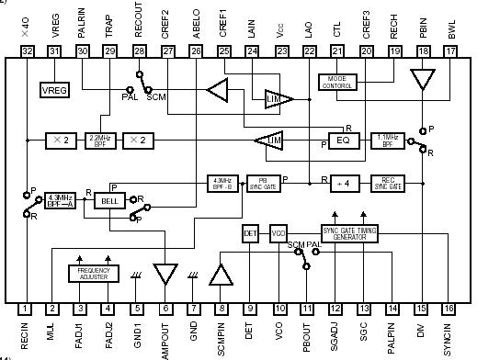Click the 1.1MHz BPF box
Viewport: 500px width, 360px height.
coord(387,141)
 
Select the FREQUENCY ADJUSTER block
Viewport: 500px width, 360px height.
coord(94,273)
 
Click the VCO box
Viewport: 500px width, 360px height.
coord(279,232)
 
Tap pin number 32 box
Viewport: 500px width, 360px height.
coord(26,51)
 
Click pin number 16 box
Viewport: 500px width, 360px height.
coord(448,309)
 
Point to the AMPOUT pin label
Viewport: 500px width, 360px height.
coord(166,338)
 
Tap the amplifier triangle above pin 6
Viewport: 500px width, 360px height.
coord(166,274)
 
